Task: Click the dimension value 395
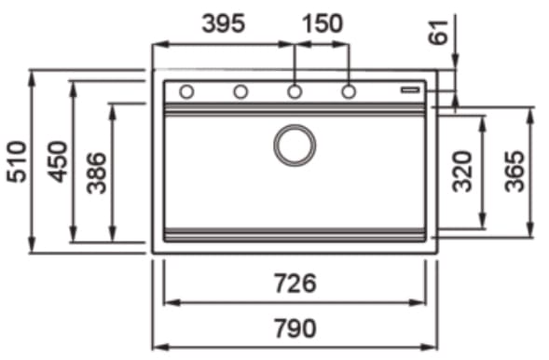[224, 23]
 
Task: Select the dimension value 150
[323, 23]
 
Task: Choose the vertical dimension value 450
[58, 161]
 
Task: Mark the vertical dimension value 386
[97, 172]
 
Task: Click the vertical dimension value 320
[464, 172]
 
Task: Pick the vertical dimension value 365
[515, 172]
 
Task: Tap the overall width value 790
[295, 328]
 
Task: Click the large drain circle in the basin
[295, 145]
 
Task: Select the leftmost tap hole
[186, 91]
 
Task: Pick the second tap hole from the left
[240, 91]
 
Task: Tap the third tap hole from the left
[295, 91]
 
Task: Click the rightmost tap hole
[349, 91]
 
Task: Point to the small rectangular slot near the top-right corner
[411, 90]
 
